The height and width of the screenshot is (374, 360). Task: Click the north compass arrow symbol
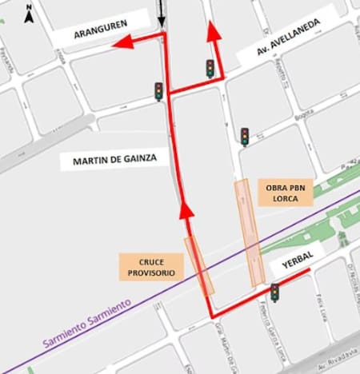(29, 13)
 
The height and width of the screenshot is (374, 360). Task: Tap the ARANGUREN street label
(102, 33)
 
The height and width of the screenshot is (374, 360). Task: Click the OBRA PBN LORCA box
(286, 193)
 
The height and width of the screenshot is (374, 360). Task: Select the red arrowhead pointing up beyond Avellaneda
(214, 32)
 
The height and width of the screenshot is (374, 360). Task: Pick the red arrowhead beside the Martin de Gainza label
(186, 211)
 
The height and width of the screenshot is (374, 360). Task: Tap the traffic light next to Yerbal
(274, 292)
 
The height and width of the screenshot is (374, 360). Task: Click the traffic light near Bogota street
(244, 137)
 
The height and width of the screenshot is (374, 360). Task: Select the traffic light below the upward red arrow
(210, 68)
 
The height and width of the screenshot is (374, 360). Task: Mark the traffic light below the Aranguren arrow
(158, 91)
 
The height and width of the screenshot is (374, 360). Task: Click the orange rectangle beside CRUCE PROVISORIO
(198, 265)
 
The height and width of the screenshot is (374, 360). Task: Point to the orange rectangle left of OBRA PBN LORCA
(250, 233)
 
